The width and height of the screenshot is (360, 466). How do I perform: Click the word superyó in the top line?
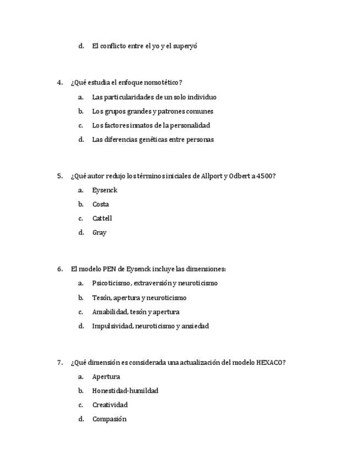point(185,46)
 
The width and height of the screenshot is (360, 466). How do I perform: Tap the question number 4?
point(59,83)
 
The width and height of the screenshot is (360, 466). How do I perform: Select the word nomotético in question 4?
point(161,83)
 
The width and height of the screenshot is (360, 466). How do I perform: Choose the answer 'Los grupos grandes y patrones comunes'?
point(145,112)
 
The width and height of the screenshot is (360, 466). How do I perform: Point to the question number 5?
point(59,176)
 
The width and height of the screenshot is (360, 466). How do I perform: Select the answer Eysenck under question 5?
point(105,191)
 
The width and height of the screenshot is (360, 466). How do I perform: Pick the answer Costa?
point(101,204)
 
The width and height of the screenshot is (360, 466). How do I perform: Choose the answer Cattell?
point(102,219)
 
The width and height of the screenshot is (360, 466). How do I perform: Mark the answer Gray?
point(99,233)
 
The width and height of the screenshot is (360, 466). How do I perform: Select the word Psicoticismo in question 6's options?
point(112,284)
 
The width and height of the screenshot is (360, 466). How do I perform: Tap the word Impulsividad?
point(112,326)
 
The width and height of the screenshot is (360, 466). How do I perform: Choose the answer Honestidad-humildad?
point(125,391)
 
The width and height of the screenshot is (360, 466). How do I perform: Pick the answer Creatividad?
point(110,405)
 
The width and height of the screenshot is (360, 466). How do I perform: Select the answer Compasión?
point(109,419)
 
